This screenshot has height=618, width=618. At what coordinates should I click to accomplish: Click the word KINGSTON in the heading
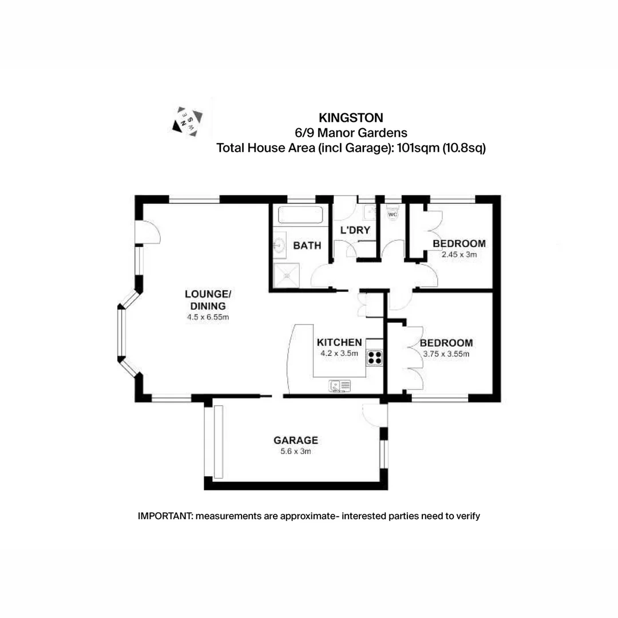coord(351,118)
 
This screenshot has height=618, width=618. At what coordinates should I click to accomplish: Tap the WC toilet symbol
coord(393,215)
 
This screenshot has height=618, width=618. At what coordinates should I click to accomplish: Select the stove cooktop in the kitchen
coord(374,358)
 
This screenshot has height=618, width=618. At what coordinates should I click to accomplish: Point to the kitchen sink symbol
coord(340,386)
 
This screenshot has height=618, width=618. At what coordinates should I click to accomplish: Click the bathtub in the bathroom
coord(300,216)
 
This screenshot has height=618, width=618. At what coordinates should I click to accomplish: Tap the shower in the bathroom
coord(286,276)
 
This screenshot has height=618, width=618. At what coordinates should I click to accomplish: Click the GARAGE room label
coord(295,441)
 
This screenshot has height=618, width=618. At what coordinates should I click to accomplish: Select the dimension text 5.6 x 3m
coord(295,451)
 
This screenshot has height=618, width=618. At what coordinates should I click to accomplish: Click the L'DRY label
coord(355,231)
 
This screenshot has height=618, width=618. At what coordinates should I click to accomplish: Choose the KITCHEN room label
coord(339,342)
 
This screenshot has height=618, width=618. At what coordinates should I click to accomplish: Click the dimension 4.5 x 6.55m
coord(208,317)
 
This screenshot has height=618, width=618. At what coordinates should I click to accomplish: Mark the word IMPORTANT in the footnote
coord(165,516)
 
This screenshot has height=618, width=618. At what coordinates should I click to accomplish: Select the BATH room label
coord(307,246)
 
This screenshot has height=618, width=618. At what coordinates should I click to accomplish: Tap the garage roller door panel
coord(217,441)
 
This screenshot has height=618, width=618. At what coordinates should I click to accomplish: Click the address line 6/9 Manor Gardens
coord(350,133)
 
